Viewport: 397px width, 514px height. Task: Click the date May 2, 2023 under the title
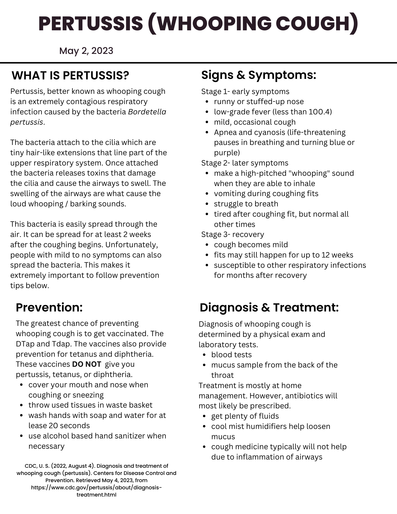click(86, 51)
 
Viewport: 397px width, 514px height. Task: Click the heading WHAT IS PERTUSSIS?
click(70, 76)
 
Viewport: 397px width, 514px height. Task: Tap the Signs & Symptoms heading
click(258, 75)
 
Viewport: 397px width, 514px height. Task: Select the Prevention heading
click(49, 307)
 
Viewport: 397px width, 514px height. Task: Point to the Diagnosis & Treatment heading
click(269, 307)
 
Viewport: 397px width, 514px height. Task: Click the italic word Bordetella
click(147, 112)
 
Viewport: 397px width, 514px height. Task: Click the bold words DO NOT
click(87, 364)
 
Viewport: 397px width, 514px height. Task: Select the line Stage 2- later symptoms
click(245, 163)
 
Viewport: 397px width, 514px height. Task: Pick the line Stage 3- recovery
click(233, 234)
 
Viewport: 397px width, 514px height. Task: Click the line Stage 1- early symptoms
click(245, 91)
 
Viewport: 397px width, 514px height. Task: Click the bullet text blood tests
click(231, 355)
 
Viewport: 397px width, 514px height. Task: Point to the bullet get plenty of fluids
click(245, 416)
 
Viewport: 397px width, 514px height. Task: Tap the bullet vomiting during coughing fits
click(266, 194)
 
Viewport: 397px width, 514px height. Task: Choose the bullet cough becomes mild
click(251, 245)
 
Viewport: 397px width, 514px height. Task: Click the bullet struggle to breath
click(246, 204)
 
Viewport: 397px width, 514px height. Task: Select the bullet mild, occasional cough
click(255, 122)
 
